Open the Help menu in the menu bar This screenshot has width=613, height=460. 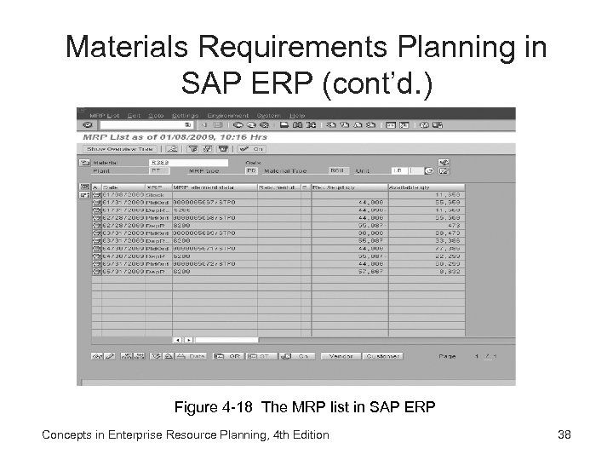(x=296, y=115)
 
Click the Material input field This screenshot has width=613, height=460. (x=187, y=161)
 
